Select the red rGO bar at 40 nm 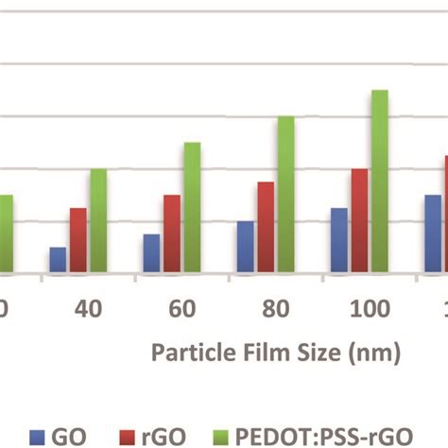78,240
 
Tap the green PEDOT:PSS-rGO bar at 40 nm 98,221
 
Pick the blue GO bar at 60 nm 151,253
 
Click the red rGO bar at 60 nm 172,233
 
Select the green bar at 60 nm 192,208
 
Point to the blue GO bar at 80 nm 246,247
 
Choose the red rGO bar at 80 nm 266,227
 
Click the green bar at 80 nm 285,195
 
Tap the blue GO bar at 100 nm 339,240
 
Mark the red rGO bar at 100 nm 359,221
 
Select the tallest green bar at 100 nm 379,181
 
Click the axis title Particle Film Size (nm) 277,353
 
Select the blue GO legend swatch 39,436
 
